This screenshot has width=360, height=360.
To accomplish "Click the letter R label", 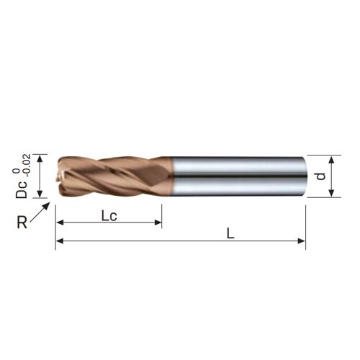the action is tap(22, 222).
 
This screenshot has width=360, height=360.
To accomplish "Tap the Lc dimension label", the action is tap(109, 216).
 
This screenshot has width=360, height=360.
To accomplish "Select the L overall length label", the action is tap(230, 233).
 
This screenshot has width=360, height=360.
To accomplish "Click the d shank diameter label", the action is tap(321, 176).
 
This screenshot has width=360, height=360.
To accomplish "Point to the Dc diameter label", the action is tap(22, 189).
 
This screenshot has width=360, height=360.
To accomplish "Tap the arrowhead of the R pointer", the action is tap(47, 205).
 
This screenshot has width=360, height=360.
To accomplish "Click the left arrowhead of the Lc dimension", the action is tap(60, 222).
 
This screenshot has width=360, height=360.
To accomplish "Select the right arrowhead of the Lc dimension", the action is tap(158, 222).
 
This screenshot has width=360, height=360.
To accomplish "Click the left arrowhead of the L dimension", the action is tap(60, 240).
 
